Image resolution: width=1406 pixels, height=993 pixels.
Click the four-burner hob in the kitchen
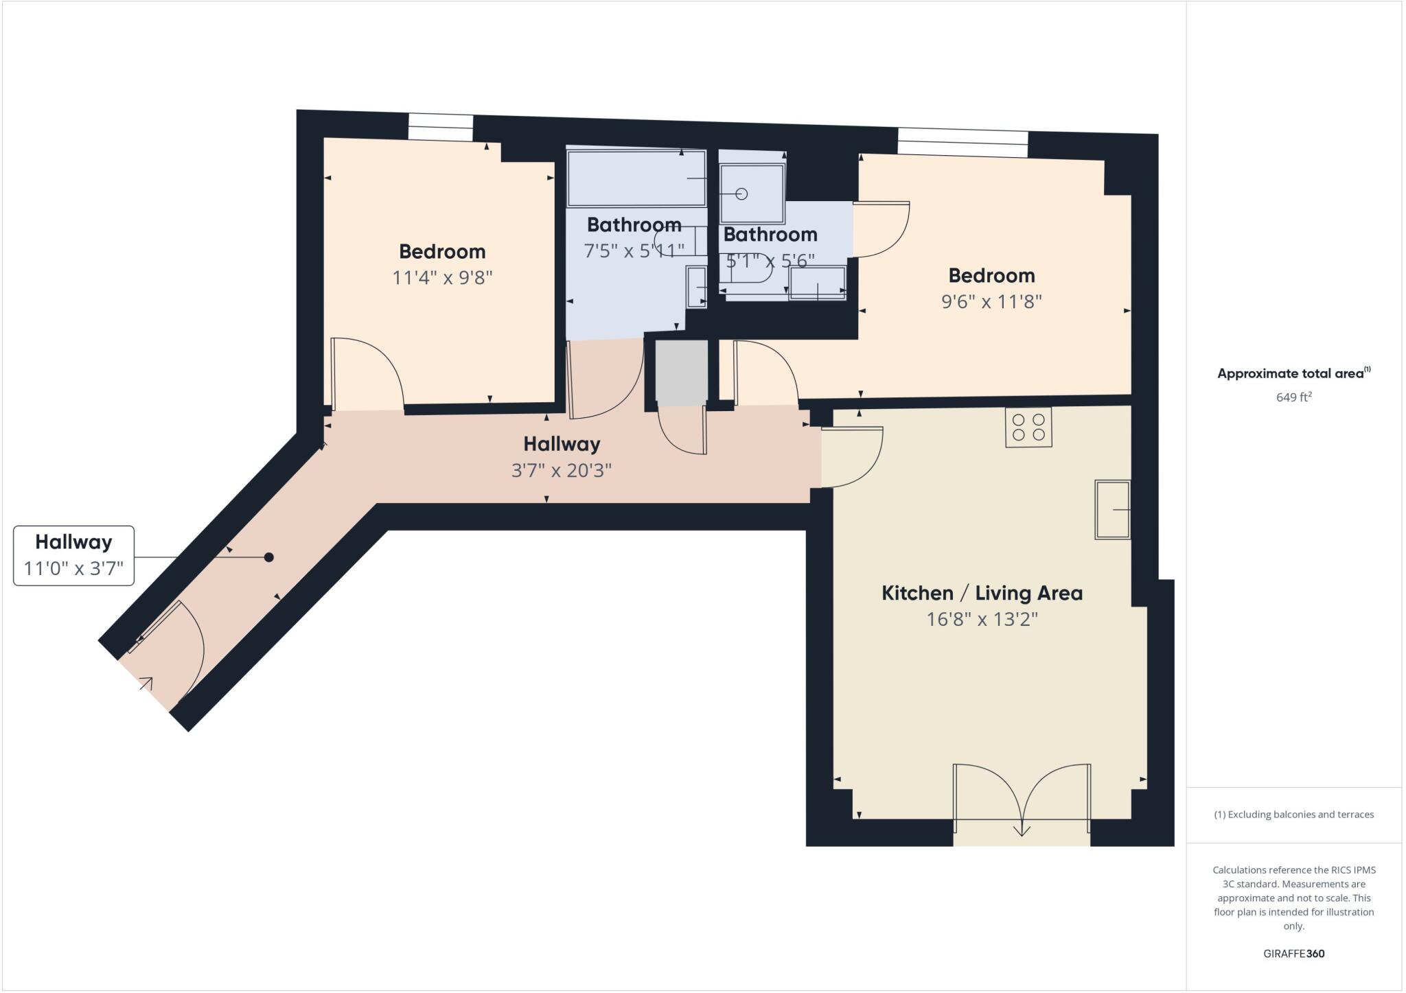(1028, 428)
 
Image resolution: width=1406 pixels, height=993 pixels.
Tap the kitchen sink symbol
(1111, 510)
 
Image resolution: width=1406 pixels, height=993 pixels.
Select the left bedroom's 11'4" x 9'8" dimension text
(442, 278)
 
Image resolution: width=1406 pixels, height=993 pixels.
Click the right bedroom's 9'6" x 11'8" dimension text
(991, 302)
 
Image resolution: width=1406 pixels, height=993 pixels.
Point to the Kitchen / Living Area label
(982, 593)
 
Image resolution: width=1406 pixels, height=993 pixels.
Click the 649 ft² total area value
(1293, 397)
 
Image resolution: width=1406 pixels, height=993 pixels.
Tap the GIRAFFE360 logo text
(1293, 953)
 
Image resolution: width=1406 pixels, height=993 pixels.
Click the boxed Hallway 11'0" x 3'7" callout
(73, 555)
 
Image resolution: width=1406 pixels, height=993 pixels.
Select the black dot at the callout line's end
(269, 557)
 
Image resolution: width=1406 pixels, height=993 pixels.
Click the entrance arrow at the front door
(146, 683)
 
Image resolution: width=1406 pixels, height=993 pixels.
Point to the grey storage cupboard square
(681, 371)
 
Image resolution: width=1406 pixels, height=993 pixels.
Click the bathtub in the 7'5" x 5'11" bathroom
(636, 178)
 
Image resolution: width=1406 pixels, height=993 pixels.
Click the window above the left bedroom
(441, 128)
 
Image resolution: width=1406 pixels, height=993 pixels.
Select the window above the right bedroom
(963, 143)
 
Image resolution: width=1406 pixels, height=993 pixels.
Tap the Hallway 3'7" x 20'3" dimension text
(562, 471)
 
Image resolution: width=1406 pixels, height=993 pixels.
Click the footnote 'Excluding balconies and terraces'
(1293, 815)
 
